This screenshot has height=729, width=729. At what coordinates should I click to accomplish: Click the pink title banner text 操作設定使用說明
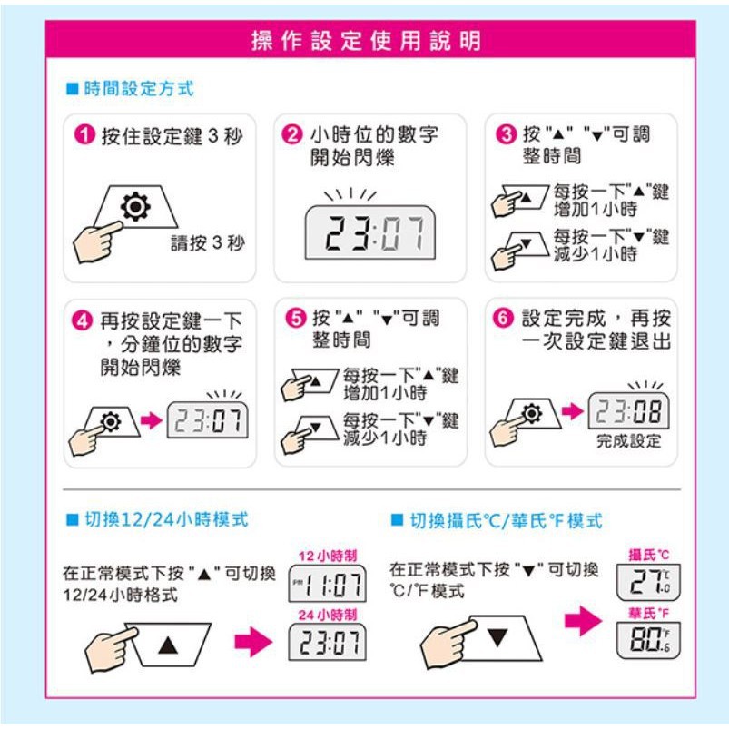[366, 40]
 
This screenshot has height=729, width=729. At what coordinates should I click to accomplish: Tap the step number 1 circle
[84, 135]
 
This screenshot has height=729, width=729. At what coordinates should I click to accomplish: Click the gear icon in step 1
[135, 206]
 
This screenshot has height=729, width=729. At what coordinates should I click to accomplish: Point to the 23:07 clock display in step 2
[370, 232]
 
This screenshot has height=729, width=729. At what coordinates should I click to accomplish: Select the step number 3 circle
[507, 134]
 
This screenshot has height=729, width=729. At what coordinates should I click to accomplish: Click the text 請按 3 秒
[208, 242]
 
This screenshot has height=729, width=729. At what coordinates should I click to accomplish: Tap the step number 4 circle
[83, 320]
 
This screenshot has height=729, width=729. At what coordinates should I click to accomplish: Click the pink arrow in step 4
[151, 420]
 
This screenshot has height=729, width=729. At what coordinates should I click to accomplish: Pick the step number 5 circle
[296, 319]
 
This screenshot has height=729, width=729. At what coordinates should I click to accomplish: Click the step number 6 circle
[503, 319]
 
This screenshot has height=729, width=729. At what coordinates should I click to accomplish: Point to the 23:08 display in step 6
[628, 410]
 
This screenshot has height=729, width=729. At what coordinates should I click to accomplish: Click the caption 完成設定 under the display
[628, 440]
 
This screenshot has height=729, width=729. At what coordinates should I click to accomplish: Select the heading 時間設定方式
[139, 88]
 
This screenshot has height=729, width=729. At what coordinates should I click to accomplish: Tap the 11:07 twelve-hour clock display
[328, 584]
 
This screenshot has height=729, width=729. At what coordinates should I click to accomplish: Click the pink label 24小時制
[328, 615]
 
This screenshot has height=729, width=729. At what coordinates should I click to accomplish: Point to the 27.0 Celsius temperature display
[648, 582]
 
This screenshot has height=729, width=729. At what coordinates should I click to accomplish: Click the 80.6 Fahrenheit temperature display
[648, 640]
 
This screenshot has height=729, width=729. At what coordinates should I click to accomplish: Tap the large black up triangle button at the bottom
[168, 645]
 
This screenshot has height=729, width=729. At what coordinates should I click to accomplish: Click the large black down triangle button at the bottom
[497, 637]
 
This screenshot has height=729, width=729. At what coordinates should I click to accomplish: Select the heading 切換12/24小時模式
[166, 519]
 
